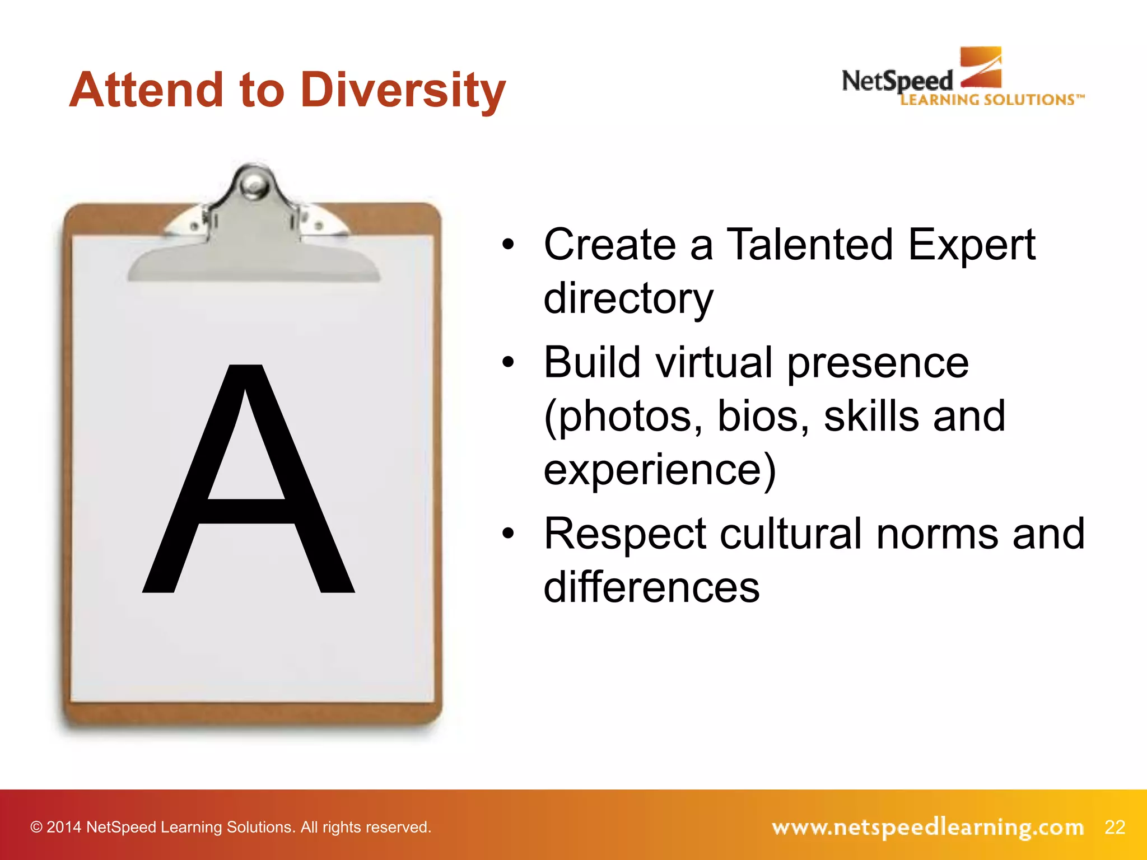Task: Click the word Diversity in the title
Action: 403,91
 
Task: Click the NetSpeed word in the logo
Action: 897,82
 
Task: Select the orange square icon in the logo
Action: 981,67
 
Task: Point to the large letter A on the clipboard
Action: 248,482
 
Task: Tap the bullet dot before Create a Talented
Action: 508,245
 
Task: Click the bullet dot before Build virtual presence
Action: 508,362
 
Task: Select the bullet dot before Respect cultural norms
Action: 508,534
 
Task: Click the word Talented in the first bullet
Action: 809,245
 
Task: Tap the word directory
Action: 628,298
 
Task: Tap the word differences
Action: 651,587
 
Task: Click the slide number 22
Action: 1115,827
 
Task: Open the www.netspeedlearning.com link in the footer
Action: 927,827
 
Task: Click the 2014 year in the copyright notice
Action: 63,827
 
